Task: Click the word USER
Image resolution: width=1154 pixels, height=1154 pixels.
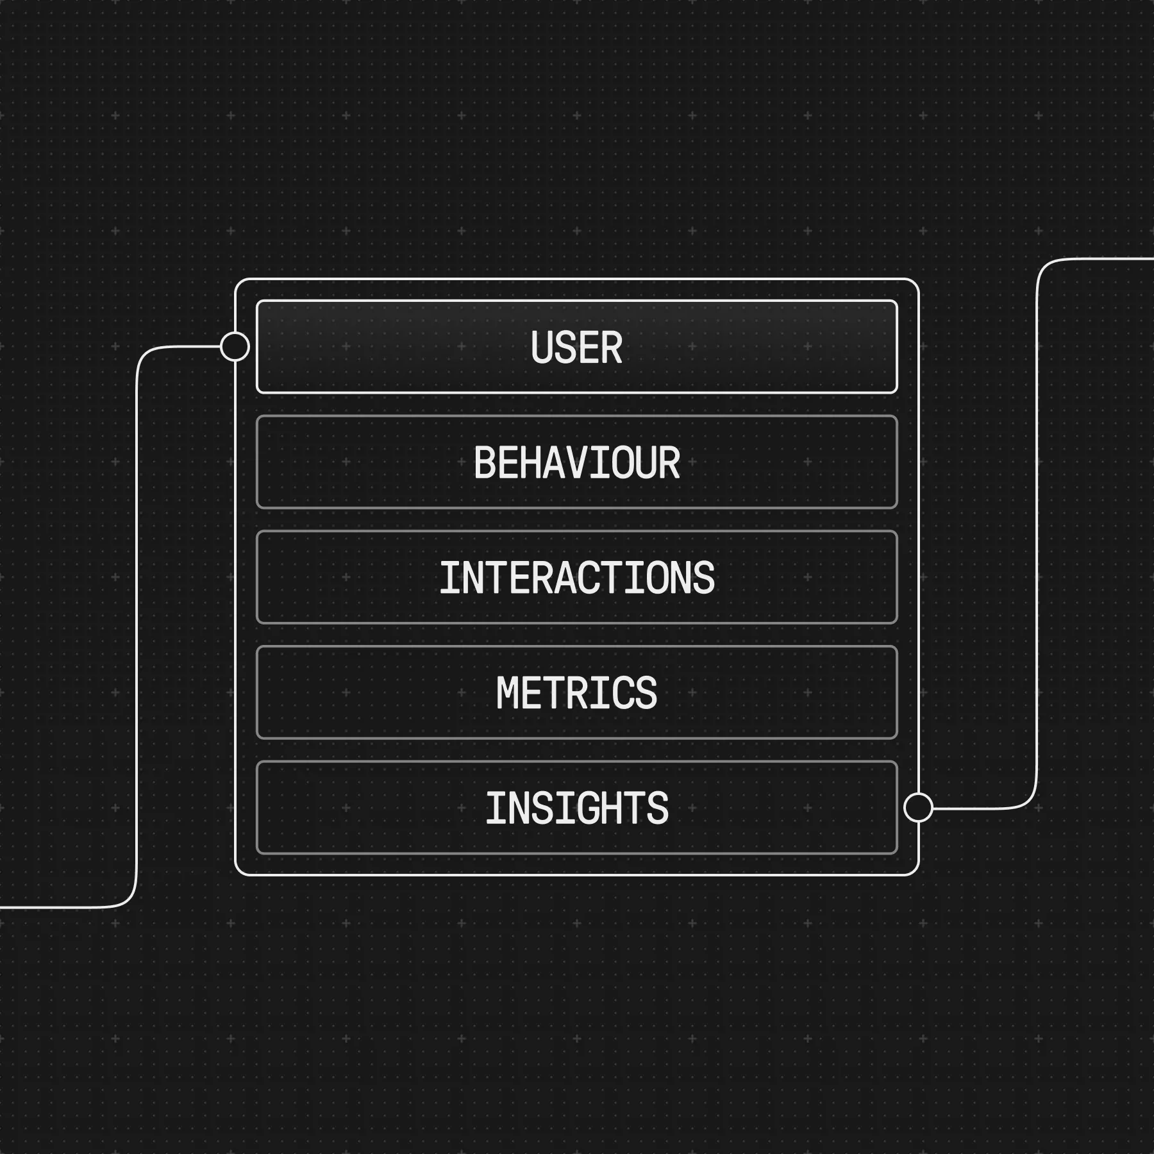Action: (576, 347)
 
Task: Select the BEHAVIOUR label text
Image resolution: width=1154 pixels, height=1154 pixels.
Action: (576, 462)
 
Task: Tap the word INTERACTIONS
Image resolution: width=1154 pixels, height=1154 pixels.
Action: (576, 578)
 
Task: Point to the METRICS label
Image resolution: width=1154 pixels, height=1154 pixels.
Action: (576, 693)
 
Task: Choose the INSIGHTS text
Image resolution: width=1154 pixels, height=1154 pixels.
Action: (576, 808)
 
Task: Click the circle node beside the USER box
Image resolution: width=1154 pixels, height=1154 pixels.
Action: (235, 347)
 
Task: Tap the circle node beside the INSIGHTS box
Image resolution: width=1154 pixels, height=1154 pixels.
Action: (918, 807)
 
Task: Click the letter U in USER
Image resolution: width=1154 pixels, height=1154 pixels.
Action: (542, 347)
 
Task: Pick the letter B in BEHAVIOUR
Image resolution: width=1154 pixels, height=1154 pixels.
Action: (485, 462)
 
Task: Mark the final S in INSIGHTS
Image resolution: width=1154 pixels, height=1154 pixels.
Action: (658, 808)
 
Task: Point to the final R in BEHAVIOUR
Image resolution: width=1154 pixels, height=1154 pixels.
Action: (669, 462)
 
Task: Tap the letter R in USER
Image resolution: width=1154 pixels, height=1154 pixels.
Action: (612, 347)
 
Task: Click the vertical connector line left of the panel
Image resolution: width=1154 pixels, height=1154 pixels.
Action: (137, 628)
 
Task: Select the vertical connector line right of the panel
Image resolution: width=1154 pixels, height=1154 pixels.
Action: (1037, 532)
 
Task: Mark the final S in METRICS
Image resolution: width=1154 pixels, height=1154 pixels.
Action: (646, 693)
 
